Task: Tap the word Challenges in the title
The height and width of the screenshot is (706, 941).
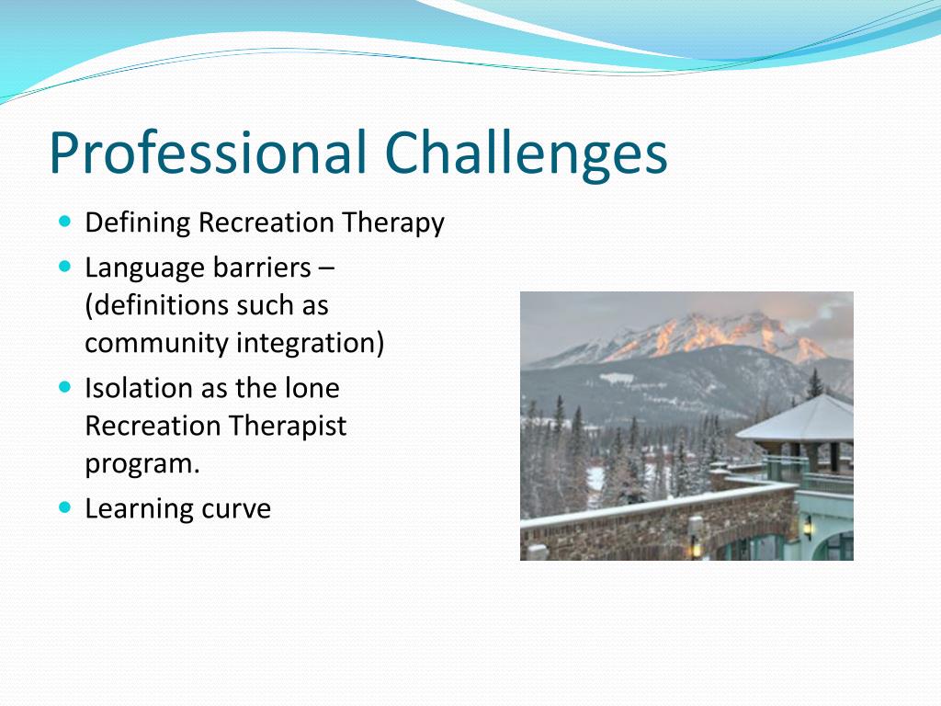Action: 527,153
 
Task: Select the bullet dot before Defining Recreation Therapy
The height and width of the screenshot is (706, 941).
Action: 64,222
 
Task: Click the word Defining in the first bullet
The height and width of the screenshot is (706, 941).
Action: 138,223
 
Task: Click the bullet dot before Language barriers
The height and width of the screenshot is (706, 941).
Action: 64,267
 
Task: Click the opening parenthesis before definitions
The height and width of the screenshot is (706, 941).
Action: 89,306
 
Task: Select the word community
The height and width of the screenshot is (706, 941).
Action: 156,344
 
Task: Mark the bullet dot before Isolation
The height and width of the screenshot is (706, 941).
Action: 64,387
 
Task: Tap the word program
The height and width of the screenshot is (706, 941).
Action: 142,465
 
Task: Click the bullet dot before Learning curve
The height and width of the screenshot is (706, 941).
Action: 64,507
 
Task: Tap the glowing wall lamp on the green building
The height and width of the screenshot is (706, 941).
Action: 808,527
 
